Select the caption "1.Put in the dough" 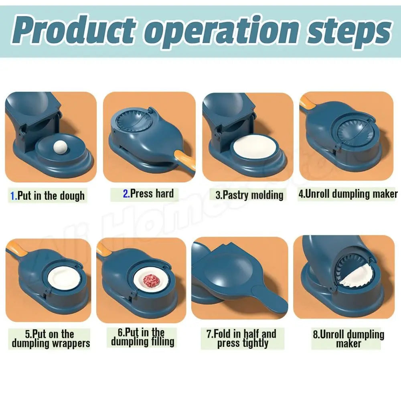point(48,196)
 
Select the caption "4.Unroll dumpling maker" point(348,194)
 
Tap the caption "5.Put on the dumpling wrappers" point(51,339)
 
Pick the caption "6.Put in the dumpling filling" point(143,337)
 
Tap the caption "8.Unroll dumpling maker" point(348,339)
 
